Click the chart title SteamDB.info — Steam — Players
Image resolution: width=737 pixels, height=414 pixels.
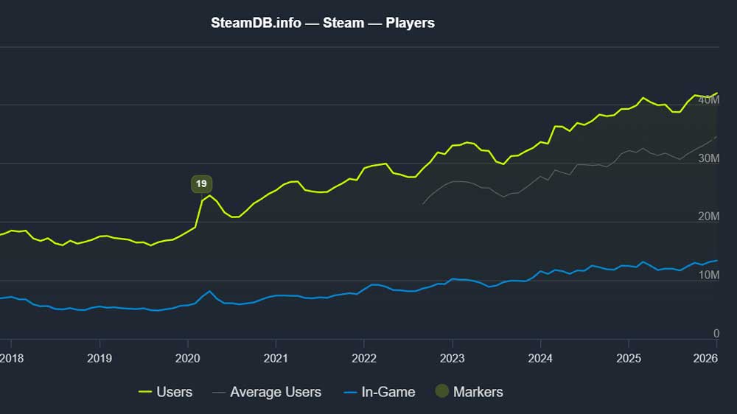323,23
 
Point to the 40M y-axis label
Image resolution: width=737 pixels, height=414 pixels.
708,100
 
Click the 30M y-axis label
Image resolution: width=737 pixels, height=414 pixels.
708,158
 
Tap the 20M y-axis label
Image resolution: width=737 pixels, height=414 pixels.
708,217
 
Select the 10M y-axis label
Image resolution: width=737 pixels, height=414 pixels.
708,276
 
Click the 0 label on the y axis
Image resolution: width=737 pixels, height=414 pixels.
716,334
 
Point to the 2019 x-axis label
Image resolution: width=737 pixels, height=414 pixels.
99,358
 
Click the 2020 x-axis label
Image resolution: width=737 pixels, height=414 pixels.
187,358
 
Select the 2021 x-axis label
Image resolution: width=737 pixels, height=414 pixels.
276,358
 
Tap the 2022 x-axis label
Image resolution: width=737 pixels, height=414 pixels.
363,358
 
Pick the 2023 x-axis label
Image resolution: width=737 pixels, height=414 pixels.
452,358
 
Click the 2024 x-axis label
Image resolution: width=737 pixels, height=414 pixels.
540,358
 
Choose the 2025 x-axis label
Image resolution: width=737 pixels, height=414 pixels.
628,358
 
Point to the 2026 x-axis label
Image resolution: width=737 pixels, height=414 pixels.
706,358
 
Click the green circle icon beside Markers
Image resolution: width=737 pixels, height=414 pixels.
441,392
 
